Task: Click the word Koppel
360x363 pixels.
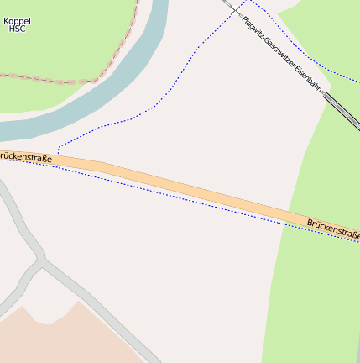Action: (17, 20)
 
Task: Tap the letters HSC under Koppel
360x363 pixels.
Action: (17, 29)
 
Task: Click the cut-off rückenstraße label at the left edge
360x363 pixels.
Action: (26, 157)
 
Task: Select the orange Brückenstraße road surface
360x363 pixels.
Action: (185, 186)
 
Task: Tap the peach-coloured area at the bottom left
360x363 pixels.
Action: (50, 340)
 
